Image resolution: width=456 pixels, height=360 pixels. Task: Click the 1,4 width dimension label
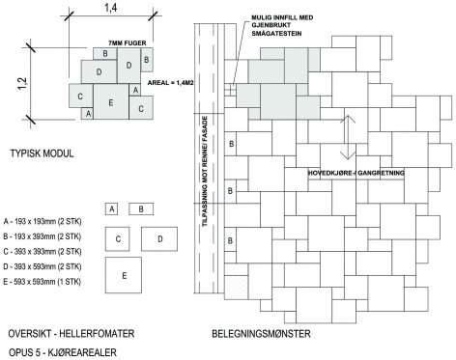click(x=110, y=9)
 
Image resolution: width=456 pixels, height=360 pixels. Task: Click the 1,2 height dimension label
click(x=22, y=84)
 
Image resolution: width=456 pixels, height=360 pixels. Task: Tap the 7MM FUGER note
click(x=128, y=42)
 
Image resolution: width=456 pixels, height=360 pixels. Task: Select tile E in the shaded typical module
click(x=111, y=101)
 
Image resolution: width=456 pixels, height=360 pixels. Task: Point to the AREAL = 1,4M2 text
click(x=170, y=83)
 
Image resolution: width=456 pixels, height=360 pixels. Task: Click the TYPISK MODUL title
click(x=42, y=153)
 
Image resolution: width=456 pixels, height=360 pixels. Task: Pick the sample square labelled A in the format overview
click(x=111, y=209)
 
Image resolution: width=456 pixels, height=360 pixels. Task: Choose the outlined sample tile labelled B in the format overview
click(x=141, y=209)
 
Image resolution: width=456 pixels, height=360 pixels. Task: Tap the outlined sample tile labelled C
click(x=118, y=239)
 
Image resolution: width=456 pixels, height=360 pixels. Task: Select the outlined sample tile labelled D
click(x=159, y=239)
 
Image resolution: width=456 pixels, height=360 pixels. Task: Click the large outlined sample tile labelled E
click(x=124, y=275)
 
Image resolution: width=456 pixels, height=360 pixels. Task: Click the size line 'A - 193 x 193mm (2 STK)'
click(x=43, y=222)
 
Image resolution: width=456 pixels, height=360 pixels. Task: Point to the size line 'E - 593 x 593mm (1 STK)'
click(x=42, y=282)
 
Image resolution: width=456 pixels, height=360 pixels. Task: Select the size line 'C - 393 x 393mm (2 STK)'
click(x=43, y=252)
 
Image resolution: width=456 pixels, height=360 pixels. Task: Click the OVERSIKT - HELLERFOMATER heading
click(x=71, y=334)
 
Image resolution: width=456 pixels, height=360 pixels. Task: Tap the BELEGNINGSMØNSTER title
click(x=261, y=334)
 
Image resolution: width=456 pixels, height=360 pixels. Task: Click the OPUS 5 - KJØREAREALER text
click(x=63, y=352)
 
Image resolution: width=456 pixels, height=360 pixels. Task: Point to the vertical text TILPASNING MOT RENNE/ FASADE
click(x=205, y=171)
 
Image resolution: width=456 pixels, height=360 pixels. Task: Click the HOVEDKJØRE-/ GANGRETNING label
click(x=356, y=173)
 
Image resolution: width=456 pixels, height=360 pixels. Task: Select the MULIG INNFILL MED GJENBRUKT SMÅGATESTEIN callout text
click(x=282, y=25)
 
